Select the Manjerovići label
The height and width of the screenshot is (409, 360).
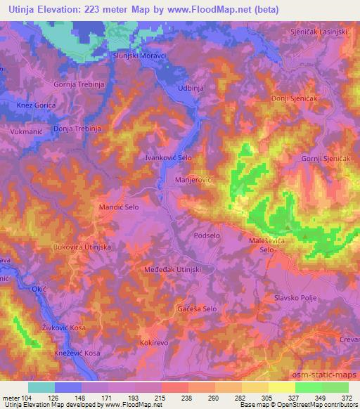pyautogui.click(x=193, y=181)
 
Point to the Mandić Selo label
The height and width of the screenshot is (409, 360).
pyautogui.click(x=119, y=208)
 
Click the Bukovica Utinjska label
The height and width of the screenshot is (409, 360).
pyautogui.click(x=82, y=247)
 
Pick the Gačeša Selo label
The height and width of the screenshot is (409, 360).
pyautogui.click(x=197, y=309)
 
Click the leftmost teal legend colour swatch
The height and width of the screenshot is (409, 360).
pyautogui.click(x=41, y=387)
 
